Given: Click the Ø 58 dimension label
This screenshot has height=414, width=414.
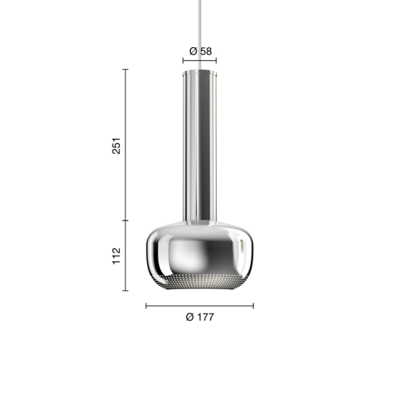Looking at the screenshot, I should (200, 51).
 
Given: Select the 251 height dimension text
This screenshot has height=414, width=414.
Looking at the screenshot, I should (116, 145).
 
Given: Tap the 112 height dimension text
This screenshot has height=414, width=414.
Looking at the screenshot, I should (116, 255).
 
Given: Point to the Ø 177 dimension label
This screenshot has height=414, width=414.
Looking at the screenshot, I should (200, 318).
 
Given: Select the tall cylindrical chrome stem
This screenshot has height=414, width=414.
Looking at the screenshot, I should (200, 146).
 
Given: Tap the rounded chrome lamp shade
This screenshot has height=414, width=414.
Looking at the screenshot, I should (200, 252).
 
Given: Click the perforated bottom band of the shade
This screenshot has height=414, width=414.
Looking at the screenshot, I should (200, 282).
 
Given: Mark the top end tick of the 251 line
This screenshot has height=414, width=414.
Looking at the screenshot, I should (126, 69).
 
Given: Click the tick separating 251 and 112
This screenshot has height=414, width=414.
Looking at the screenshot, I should (126, 221).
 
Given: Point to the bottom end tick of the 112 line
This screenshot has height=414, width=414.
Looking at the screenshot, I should (126, 291).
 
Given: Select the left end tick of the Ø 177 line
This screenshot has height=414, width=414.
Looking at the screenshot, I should (146, 306).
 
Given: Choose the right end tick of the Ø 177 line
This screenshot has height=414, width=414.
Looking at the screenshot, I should (253, 306).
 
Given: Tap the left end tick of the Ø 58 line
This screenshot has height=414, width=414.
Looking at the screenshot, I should (183, 61).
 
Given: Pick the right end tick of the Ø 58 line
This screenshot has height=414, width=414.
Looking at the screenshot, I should (217, 61).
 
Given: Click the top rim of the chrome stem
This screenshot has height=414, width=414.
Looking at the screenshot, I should (200, 71).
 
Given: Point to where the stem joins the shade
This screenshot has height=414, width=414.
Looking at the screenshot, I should (200, 222).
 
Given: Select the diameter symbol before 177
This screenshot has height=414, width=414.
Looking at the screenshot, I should (189, 318).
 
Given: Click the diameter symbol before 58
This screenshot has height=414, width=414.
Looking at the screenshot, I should (193, 51).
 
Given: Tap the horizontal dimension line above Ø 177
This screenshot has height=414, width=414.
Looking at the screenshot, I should (216, 306).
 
